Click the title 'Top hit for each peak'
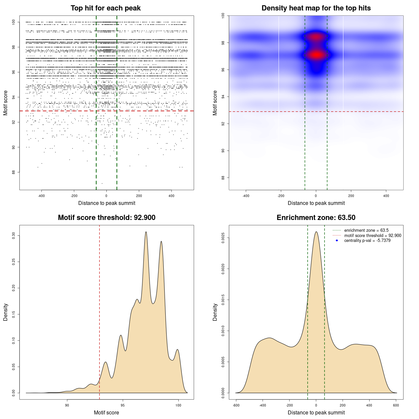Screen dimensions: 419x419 [105, 8]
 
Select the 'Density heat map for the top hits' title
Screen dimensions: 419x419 [316, 8]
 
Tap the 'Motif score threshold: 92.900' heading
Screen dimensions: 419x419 [106, 218]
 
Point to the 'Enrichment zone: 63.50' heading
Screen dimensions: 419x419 [316, 218]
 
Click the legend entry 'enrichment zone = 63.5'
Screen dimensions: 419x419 [366, 230]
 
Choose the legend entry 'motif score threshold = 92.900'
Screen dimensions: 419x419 [373, 236]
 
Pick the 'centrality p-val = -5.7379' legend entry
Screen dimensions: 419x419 [367, 241]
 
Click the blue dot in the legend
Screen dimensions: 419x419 [337, 241]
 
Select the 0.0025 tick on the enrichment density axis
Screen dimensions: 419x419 [223, 238]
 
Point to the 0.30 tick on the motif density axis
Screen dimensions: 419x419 [14, 236]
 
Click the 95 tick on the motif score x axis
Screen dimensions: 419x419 [123, 405]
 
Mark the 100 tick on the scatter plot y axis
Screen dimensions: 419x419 [14, 22]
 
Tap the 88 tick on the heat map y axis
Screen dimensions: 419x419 [223, 178]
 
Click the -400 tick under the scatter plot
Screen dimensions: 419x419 [41, 196]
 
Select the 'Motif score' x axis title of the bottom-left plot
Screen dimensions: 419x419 [106, 412]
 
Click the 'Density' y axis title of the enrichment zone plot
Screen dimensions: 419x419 [215, 312]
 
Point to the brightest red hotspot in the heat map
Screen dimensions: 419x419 [316, 55]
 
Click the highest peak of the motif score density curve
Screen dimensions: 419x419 [146, 232]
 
